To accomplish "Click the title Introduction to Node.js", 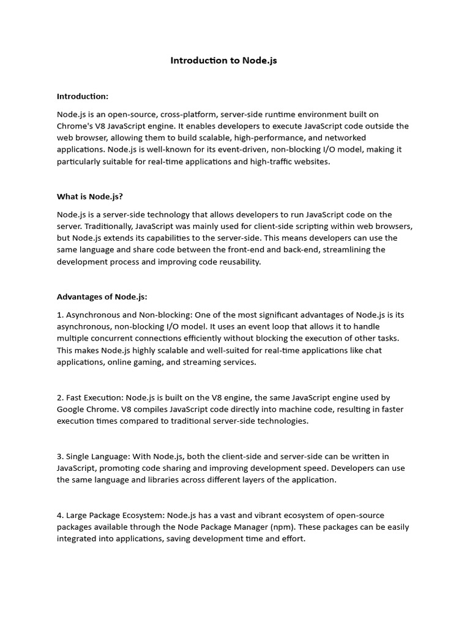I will point(223,61).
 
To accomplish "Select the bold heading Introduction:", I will point(83,96).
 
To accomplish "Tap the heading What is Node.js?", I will point(90,197).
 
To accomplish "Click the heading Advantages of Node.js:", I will point(102,297).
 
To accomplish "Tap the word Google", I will point(72,409).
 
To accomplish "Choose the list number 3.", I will point(59,456).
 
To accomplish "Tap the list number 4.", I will point(59,515).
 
